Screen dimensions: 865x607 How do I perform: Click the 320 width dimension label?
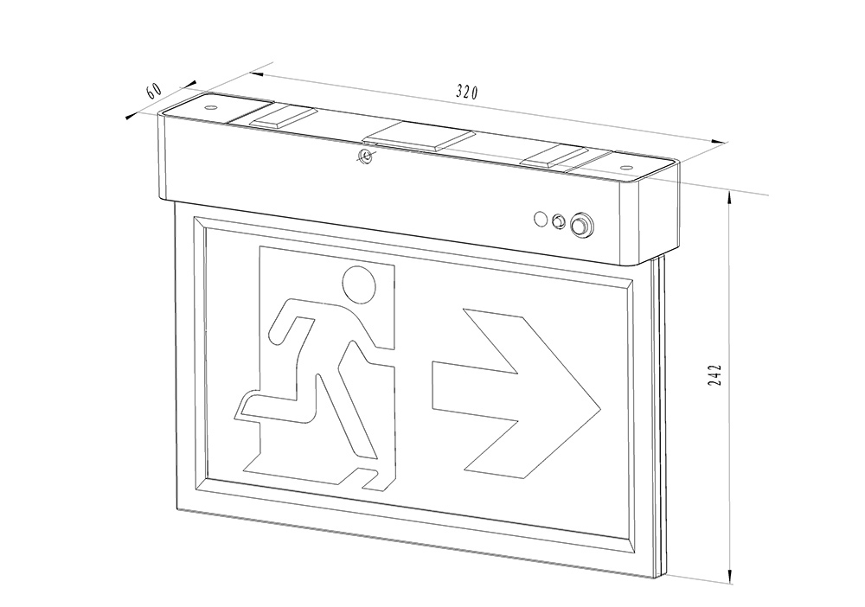point(467,92)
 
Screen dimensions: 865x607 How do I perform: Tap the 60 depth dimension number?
point(153,90)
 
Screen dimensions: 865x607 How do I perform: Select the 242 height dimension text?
point(715,375)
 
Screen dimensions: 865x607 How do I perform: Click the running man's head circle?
point(359,284)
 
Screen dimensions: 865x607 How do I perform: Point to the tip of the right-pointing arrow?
point(600,411)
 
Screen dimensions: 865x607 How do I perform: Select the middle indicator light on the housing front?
point(558,221)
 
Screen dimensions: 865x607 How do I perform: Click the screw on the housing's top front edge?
point(365,157)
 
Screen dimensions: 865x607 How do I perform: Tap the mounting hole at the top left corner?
point(210,106)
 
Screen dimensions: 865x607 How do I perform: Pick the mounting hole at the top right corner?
point(626,166)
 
